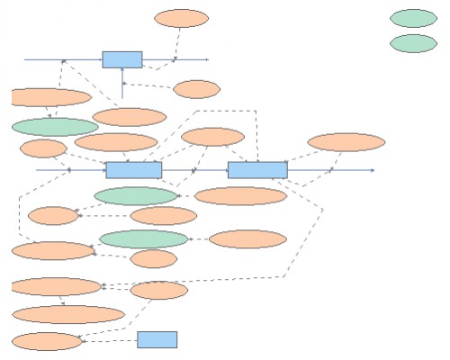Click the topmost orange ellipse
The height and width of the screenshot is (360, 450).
[181, 18]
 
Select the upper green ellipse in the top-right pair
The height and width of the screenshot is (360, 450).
[413, 18]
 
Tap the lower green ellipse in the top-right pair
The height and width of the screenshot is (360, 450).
[413, 43]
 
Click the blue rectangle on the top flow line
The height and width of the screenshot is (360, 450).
[121, 59]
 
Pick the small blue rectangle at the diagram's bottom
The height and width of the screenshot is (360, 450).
[157, 339]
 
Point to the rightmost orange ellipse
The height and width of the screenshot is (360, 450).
[346, 142]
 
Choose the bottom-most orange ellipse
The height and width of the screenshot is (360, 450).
[46, 341]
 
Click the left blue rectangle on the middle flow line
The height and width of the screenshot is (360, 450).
[133, 169]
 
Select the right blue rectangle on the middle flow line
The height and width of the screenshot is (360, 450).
[257, 169]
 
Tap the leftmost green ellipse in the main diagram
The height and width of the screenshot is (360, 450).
[55, 127]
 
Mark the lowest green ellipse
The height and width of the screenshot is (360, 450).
[143, 238]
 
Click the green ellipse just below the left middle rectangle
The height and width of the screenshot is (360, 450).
[136, 195]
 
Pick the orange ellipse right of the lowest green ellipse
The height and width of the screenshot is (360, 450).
[247, 238]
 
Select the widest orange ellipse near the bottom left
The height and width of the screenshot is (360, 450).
[67, 314]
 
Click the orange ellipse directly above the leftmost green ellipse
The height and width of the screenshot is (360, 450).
[51, 97]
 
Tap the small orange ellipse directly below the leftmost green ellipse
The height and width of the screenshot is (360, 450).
[43, 148]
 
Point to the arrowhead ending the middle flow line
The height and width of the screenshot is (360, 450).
[372, 169]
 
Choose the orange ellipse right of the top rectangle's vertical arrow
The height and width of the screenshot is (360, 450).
[196, 89]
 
